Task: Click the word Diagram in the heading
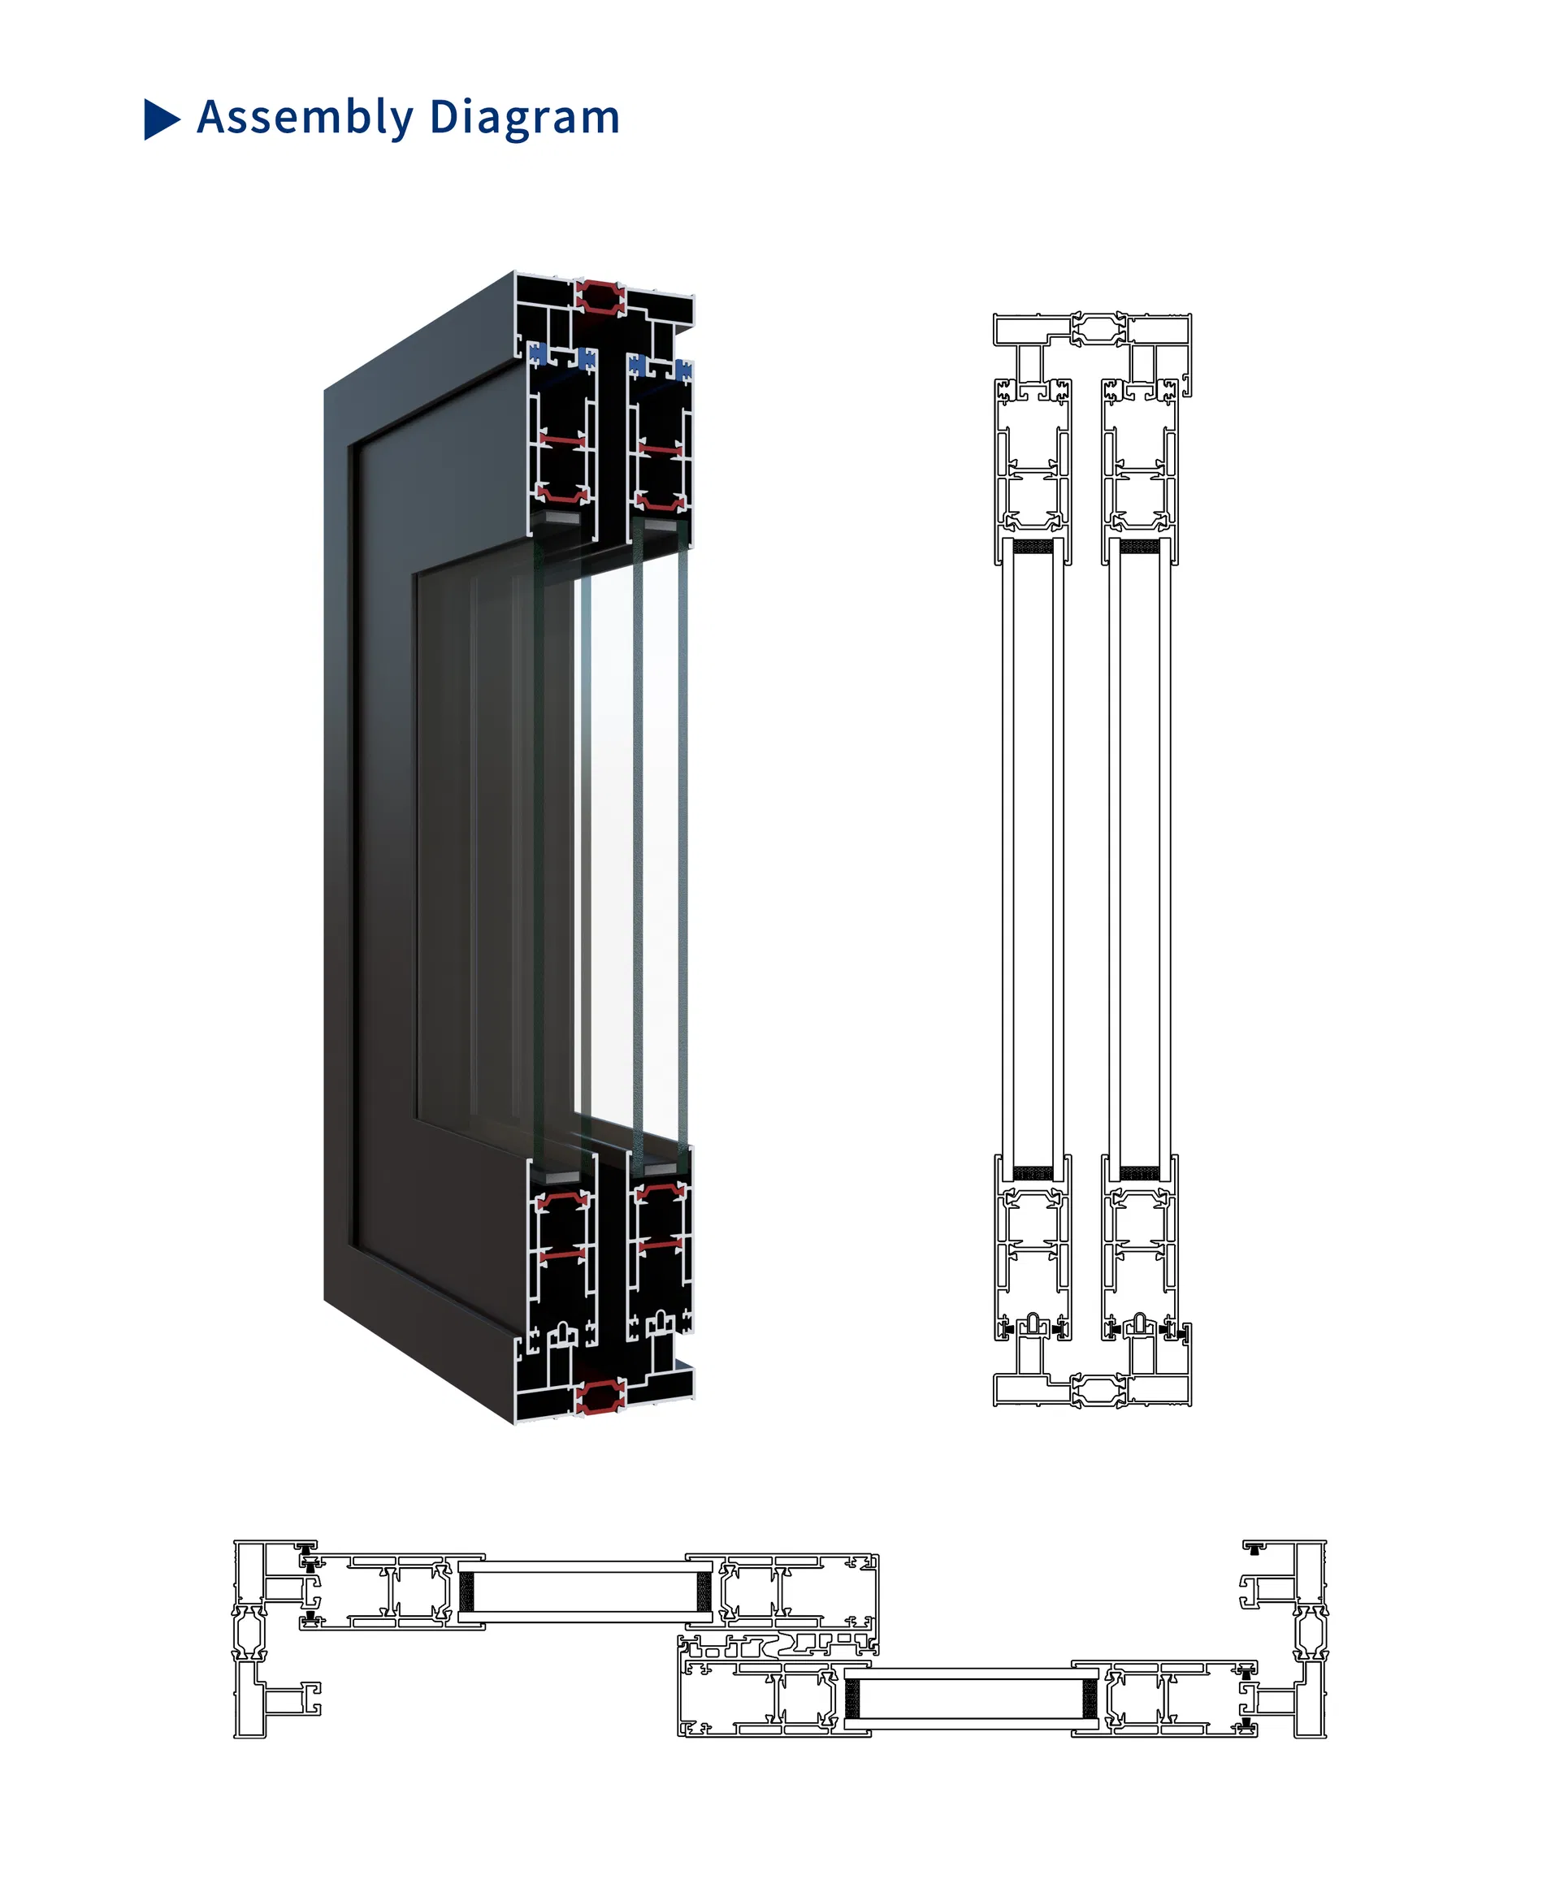(524, 118)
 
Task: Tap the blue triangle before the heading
(161, 119)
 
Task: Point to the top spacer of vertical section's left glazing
(1033, 547)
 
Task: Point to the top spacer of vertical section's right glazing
(1139, 547)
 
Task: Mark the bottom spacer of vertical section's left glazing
(1033, 1174)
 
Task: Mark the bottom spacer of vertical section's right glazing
(1139, 1174)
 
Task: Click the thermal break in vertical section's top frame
(1098, 329)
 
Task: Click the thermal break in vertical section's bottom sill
(1098, 1389)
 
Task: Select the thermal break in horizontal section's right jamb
(1311, 1633)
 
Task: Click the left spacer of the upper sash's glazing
(466, 1591)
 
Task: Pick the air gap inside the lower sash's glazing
(970, 1700)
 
